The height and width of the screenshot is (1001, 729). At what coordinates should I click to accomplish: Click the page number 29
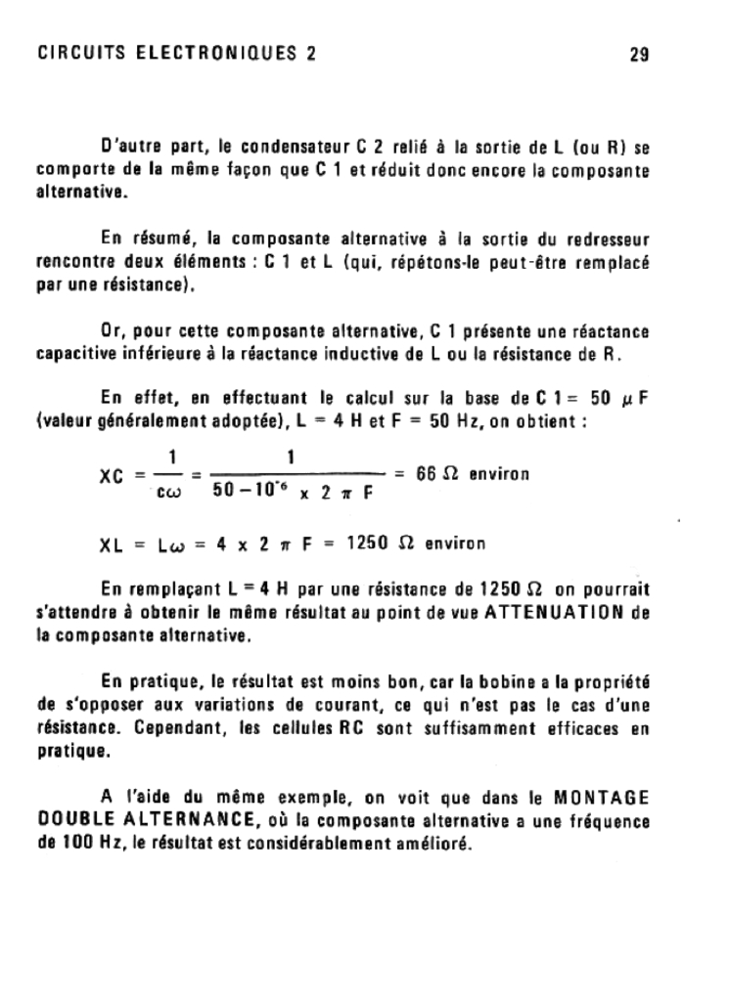[640, 55]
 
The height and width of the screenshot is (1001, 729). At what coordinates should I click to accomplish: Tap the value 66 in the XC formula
[426, 474]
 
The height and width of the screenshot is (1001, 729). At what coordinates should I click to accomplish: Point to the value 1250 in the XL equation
[368, 544]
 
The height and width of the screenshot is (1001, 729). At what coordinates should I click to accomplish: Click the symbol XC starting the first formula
[114, 476]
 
